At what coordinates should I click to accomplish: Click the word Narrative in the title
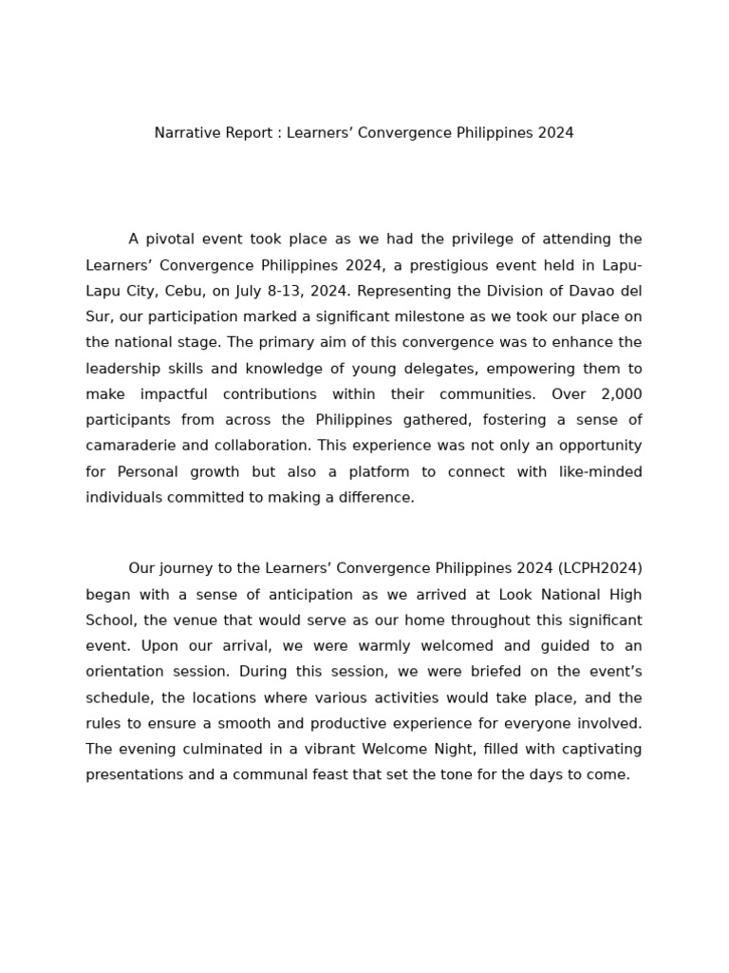(186, 133)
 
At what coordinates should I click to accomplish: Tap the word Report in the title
(249, 133)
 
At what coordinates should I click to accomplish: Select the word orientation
(126, 672)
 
